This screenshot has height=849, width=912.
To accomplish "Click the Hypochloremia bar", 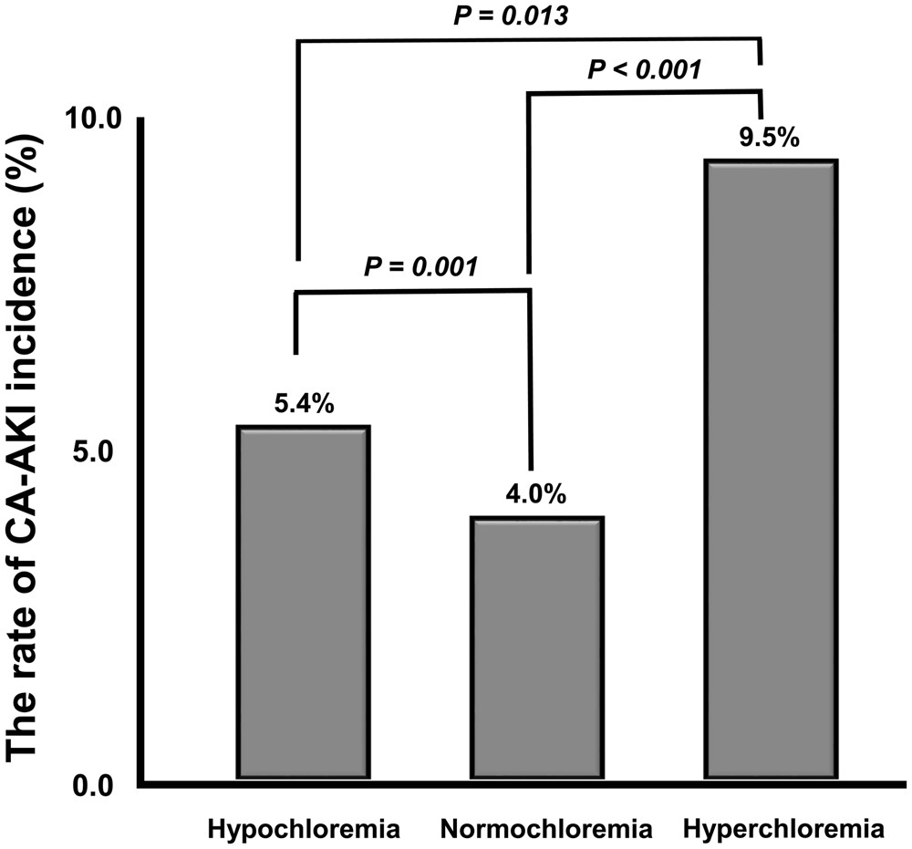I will [x=302, y=602].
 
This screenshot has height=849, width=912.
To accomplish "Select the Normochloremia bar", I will [x=536, y=647].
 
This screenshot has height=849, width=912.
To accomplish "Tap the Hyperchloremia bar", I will [x=770, y=470].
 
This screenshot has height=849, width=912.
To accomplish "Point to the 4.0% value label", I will [x=536, y=496].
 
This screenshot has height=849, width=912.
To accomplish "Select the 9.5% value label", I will [x=770, y=139].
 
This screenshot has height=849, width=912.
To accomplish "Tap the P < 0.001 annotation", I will [x=644, y=68].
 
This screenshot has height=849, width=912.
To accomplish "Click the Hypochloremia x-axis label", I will [x=305, y=830].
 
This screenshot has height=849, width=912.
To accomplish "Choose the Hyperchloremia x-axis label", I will [x=783, y=830].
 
